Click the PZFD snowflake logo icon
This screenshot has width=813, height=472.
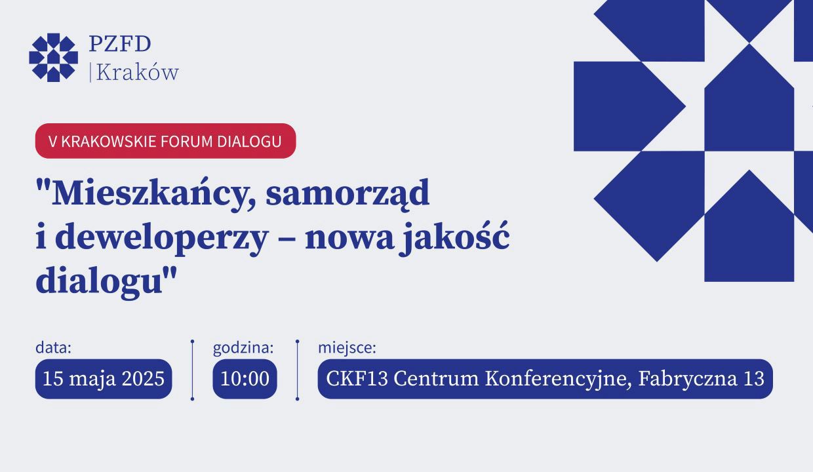point(53,57)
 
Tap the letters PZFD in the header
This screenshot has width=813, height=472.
point(120,44)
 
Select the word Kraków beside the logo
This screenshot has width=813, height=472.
point(137,72)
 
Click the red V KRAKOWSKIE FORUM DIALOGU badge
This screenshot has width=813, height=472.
point(165,141)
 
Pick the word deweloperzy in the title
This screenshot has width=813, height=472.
point(161,238)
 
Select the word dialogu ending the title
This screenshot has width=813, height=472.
point(99,281)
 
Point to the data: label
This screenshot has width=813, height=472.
point(53,347)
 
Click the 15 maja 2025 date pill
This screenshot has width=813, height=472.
point(104,379)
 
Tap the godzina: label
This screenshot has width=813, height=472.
point(243,348)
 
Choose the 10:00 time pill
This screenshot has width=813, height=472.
point(245,379)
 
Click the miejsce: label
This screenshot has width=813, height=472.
point(347,348)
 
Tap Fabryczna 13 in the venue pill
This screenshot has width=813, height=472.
point(702,379)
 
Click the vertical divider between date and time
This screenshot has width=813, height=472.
point(192,370)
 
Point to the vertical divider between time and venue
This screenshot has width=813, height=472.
point(298,370)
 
